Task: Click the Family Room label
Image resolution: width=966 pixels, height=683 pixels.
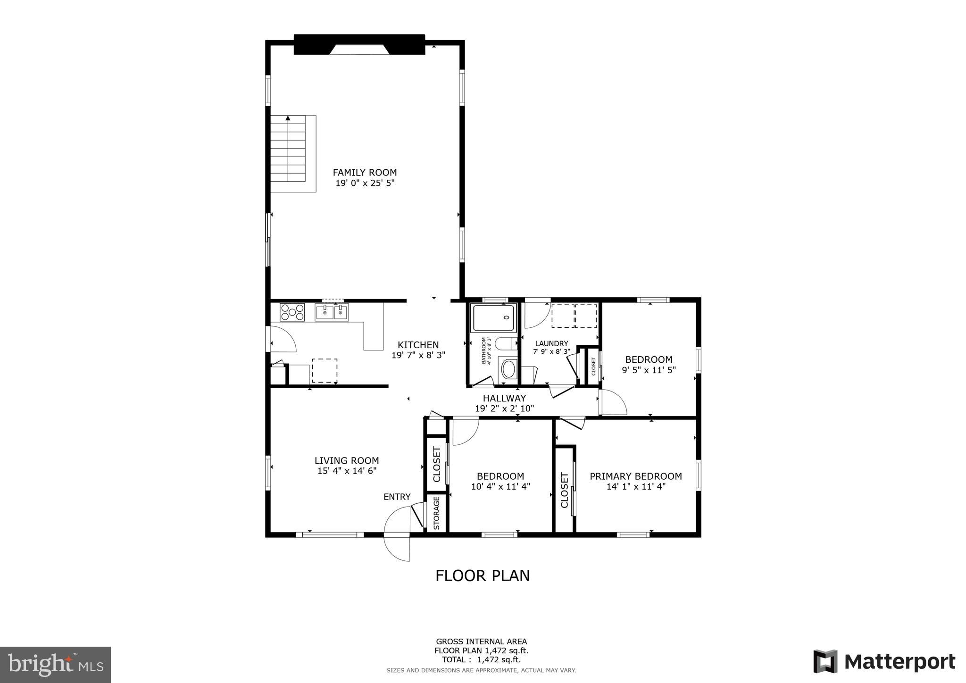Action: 365,173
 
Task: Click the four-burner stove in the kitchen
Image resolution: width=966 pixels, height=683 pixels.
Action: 292,312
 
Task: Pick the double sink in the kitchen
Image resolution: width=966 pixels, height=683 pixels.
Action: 332,312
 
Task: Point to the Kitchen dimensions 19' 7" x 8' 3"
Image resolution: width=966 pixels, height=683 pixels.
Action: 418,355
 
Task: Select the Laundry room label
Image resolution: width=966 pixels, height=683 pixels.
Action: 551,343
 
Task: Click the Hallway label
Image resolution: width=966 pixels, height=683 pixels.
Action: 504,399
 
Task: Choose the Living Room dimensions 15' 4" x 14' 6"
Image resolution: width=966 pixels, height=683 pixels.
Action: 347,471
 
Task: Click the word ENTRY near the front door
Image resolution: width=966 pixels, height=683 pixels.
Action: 397,497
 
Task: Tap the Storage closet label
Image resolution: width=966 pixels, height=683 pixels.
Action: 436,513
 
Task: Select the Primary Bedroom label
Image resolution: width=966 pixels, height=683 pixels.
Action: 635,476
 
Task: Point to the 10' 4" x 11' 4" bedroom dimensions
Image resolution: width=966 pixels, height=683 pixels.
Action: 500,486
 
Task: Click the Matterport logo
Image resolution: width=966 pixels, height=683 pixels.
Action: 884,662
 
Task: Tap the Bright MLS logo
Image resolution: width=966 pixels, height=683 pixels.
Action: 55,665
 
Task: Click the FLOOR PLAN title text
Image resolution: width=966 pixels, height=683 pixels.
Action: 482,576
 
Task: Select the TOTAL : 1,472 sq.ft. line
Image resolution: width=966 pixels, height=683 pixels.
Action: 481,660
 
